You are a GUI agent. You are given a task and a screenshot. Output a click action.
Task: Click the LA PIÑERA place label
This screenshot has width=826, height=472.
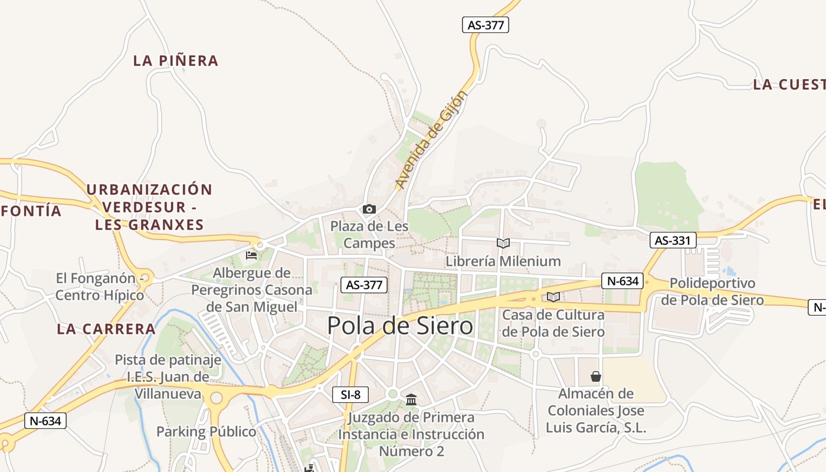coord(176,61)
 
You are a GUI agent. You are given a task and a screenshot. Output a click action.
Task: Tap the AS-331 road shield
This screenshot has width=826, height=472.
coord(673,240)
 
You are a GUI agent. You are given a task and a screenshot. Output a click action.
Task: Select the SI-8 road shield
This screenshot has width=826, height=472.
coord(350,395)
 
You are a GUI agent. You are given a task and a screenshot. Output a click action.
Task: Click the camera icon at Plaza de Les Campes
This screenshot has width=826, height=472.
coord(369,209)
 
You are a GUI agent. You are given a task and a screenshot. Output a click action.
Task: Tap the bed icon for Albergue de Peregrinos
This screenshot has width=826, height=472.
coord(251,255)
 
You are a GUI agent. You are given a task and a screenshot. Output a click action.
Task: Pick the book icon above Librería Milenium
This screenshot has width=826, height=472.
coord(503,243)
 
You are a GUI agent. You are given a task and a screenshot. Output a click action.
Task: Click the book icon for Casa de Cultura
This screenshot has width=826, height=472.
coord(553,297)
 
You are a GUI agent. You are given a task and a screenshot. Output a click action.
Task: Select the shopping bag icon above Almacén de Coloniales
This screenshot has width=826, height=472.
coord(596,376)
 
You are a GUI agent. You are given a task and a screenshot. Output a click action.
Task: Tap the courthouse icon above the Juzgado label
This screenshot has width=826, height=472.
coord(411,401)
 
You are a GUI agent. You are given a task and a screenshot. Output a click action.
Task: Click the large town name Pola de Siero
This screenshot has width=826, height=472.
coord(400,326)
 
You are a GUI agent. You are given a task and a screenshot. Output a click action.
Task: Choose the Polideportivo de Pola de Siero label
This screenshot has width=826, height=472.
coord(712,291)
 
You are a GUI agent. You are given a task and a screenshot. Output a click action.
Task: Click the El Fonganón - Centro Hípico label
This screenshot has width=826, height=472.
coord(99,287)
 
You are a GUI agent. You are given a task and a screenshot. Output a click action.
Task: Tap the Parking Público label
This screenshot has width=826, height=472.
coord(206,432)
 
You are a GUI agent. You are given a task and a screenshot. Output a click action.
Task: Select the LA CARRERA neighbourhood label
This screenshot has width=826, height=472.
coord(106,329)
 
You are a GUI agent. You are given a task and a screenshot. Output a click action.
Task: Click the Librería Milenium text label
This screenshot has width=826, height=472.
coord(503,261)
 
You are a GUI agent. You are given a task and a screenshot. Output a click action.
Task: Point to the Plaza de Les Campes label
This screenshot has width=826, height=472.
coord(369,234)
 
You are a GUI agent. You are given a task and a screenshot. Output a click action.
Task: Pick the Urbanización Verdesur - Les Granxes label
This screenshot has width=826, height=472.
coord(149,207)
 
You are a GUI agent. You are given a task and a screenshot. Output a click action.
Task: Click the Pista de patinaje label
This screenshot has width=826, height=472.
coord(168,360)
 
